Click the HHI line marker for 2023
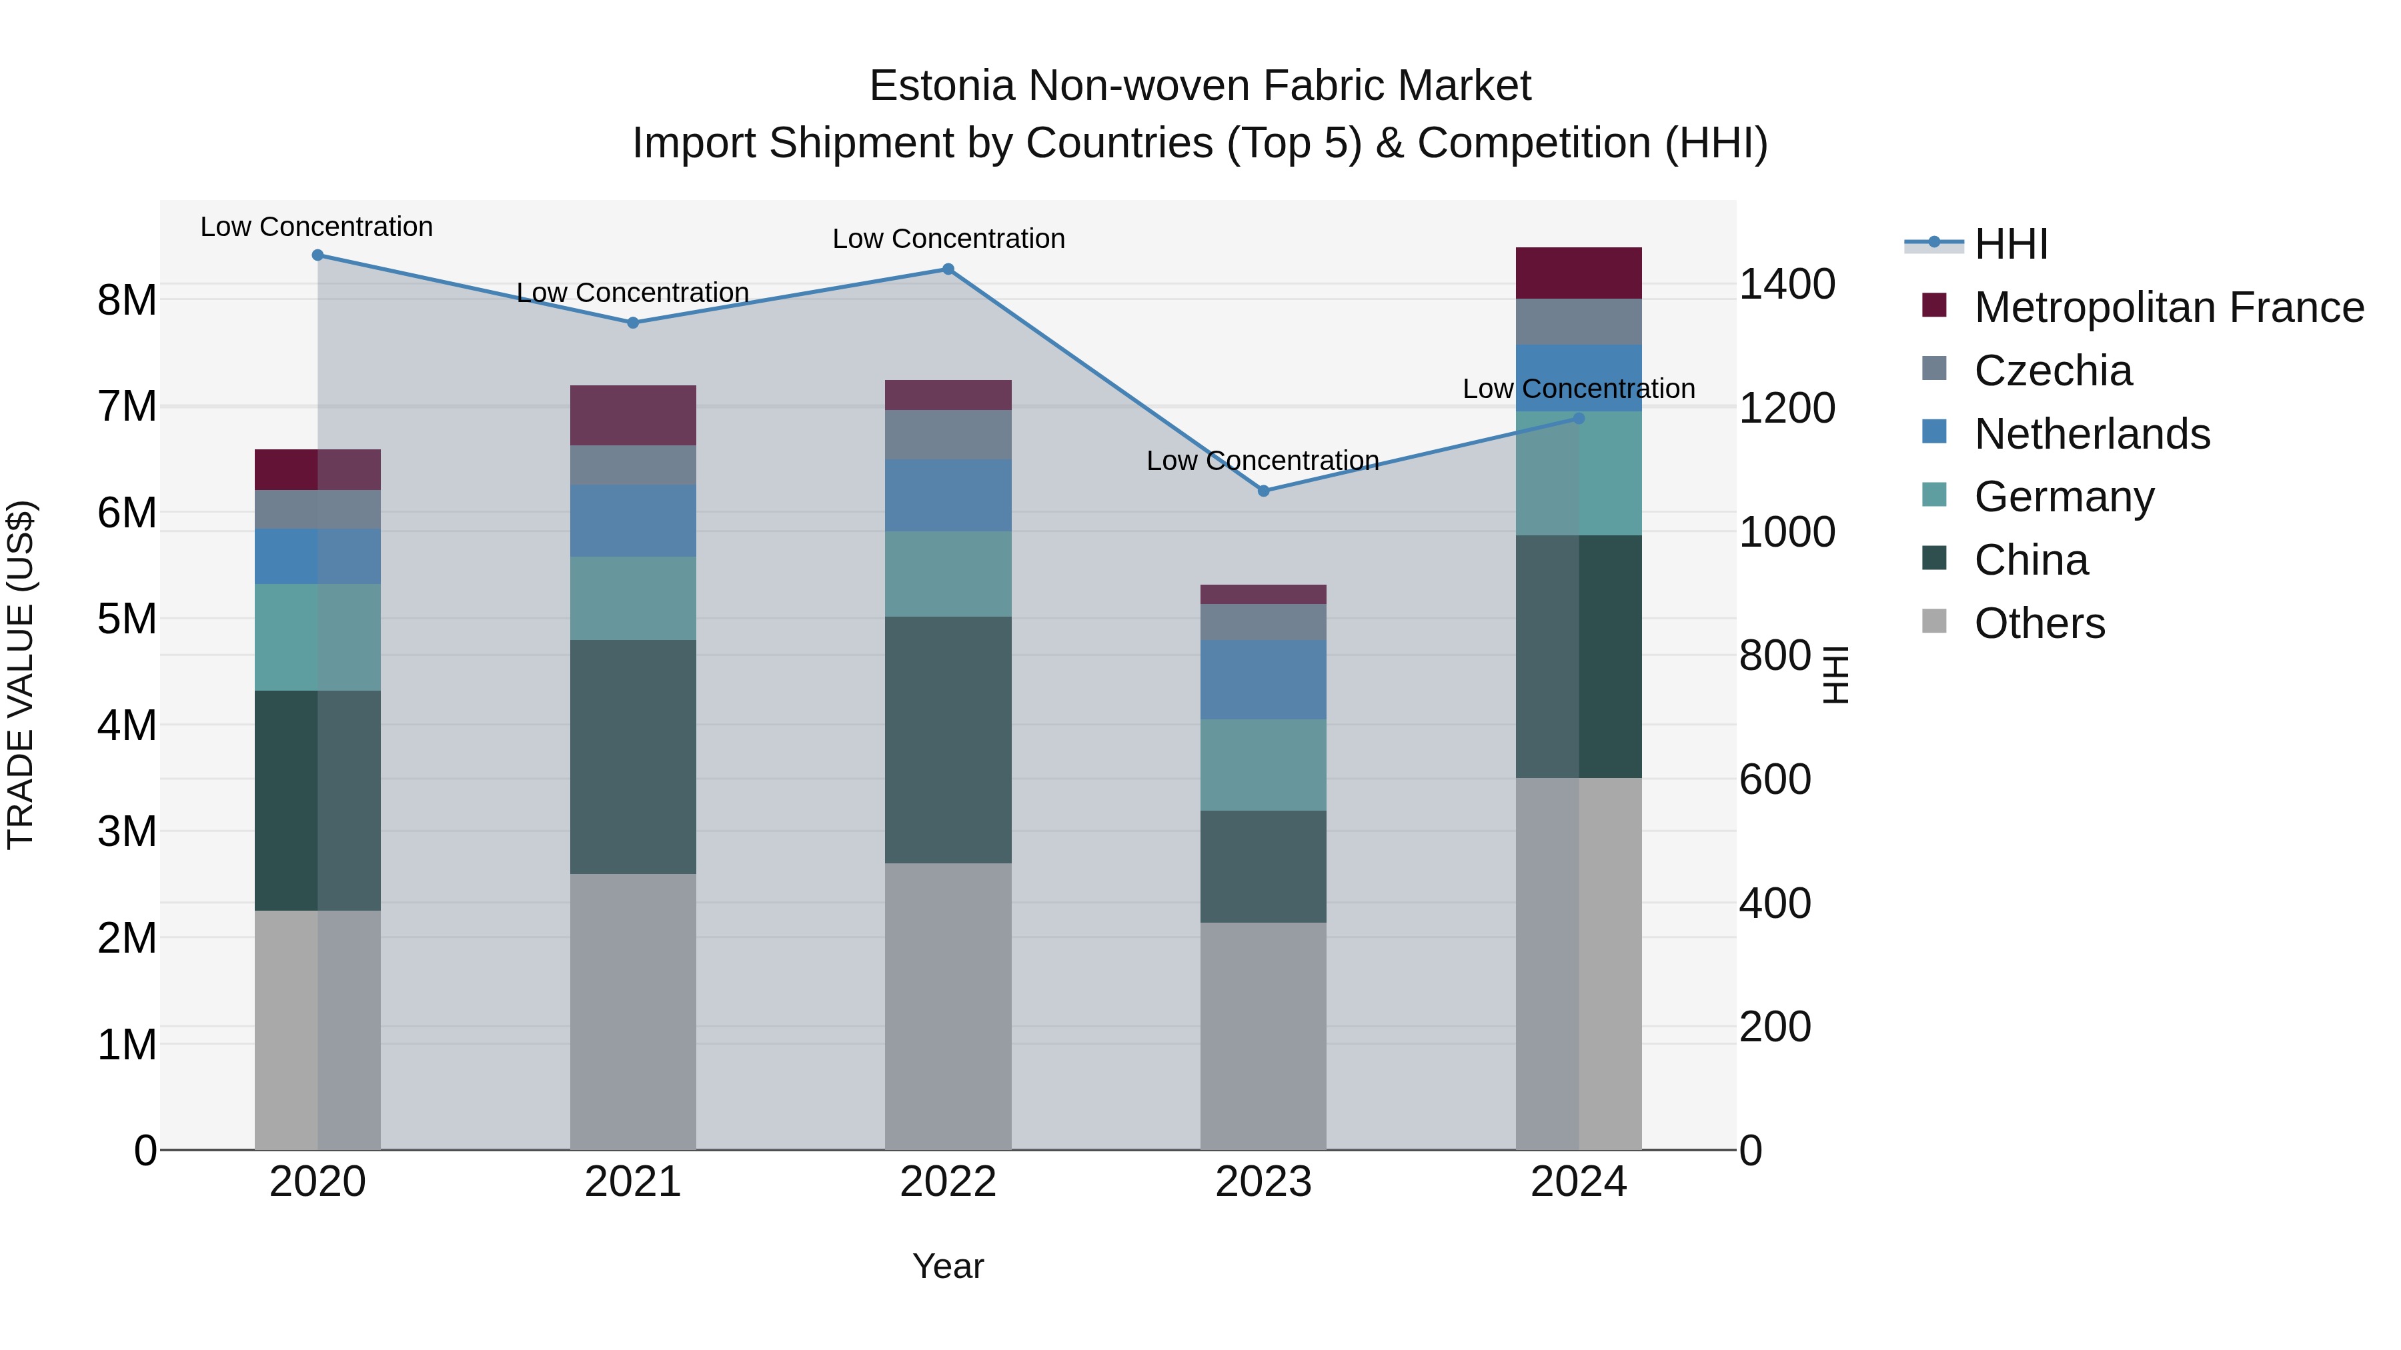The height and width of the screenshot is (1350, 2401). pos(1263,491)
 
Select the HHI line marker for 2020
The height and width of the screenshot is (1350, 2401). pos(318,255)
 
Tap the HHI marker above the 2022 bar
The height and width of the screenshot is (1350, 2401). pos(948,269)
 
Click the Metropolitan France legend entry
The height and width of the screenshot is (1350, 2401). pos(2168,307)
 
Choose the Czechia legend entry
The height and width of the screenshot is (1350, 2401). pos(2052,371)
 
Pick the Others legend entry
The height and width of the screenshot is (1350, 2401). pos(2040,623)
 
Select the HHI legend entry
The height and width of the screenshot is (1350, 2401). pos(2010,244)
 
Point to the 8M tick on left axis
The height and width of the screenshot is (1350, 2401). pos(127,301)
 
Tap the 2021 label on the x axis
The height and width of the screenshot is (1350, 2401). pos(633,1182)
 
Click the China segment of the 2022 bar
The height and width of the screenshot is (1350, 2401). pos(948,740)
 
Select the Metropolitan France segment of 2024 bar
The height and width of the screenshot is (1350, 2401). pos(1578,273)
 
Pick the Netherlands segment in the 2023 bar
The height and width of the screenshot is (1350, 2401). pos(1263,679)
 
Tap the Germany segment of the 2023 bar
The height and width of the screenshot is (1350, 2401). pos(1263,765)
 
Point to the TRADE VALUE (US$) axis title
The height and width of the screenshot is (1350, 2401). pos(21,675)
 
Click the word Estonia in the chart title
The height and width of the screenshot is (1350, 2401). pos(941,87)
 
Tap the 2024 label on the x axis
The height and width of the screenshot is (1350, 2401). pos(1578,1182)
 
